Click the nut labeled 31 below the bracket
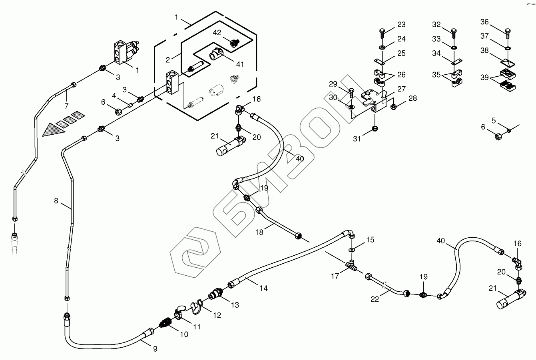(x=375, y=128)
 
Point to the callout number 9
(x=155, y=348)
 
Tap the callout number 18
(x=259, y=231)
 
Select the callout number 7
(x=66, y=106)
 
